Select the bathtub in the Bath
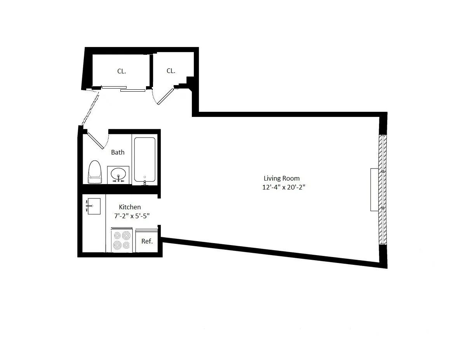pos(145,159)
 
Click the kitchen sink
pos(94,206)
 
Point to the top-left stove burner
pos(117,235)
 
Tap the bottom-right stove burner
pos(126,245)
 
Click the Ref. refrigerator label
pos(147,241)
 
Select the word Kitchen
pos(130,207)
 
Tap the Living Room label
pos(282,178)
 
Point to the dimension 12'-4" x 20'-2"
pos(286,187)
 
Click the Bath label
pos(118,152)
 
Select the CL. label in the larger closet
pos(122,71)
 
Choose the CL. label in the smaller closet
pos(171,71)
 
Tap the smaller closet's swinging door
pos(165,97)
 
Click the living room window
pos(383,190)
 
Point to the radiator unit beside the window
pos(374,190)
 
